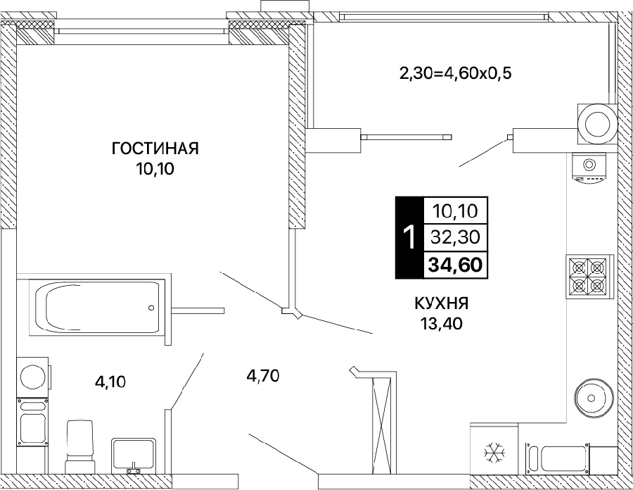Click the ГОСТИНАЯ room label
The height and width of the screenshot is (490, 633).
click(155, 149)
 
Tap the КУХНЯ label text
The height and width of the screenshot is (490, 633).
click(441, 303)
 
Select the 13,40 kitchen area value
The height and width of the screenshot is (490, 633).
click(441, 324)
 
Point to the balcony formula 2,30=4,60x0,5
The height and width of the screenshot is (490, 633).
click(455, 74)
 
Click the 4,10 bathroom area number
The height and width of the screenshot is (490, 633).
click(110, 382)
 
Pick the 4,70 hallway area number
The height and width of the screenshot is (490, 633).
click(264, 376)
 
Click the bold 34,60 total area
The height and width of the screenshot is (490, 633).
click(455, 265)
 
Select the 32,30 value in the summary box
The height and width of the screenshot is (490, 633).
click(455, 237)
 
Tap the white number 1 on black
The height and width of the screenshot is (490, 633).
click(409, 237)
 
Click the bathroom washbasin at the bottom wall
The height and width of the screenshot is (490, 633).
click(133, 455)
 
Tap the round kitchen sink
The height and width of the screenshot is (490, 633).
click(592, 398)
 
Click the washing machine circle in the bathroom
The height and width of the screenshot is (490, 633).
click(33, 377)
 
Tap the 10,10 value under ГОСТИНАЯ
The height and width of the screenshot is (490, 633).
click(155, 169)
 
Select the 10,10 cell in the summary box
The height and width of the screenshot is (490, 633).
click(455, 211)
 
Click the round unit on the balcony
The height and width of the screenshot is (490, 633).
click(597, 124)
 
